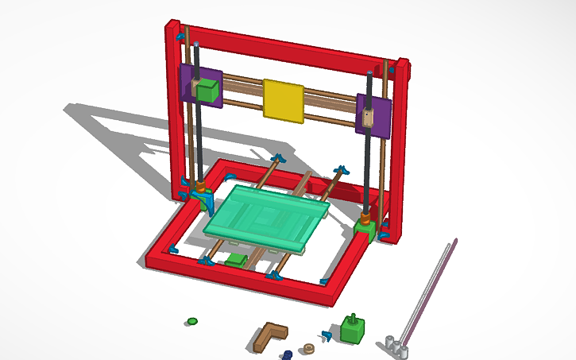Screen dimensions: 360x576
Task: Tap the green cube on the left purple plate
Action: pyautogui.click(x=207, y=91)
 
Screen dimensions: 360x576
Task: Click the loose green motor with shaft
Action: pyautogui.click(x=351, y=327)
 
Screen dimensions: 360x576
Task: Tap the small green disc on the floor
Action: pyautogui.click(x=191, y=321)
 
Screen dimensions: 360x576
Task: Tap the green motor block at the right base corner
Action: pyautogui.click(x=365, y=232)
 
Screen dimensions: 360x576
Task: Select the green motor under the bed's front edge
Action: pyautogui.click(x=235, y=260)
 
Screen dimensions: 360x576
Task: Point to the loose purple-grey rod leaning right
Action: pyautogui.click(x=429, y=290)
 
